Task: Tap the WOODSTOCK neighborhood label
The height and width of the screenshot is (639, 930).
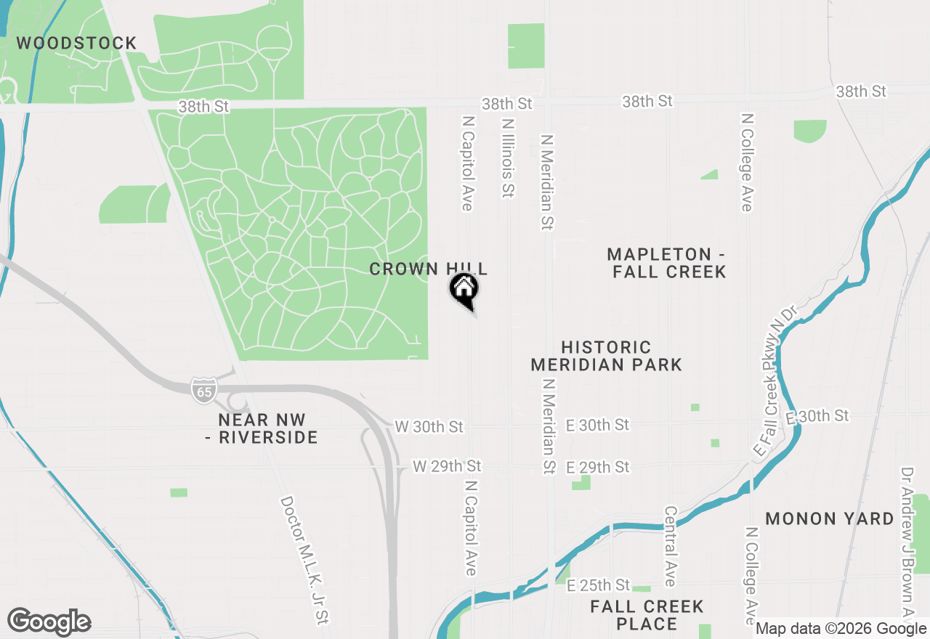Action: [76, 44]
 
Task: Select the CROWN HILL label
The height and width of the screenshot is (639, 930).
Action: [428, 269]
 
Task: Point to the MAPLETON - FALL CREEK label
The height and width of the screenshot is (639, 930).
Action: [666, 263]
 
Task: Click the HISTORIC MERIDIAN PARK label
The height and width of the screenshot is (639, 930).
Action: [606, 356]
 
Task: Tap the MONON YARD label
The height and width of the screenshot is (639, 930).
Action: [829, 518]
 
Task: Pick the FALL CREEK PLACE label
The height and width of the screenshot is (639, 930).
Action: [647, 615]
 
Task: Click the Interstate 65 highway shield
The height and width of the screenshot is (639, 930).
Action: [204, 391]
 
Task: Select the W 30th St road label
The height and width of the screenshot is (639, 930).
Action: [428, 426]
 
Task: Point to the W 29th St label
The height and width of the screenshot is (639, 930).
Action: [447, 465]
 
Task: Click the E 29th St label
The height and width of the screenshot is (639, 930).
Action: [597, 467]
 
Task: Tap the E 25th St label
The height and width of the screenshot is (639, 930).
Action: [598, 585]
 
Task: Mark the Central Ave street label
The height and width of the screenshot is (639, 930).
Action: [670, 546]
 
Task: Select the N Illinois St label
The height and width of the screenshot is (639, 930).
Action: [507, 158]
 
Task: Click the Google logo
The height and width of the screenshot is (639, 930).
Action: [49, 622]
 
